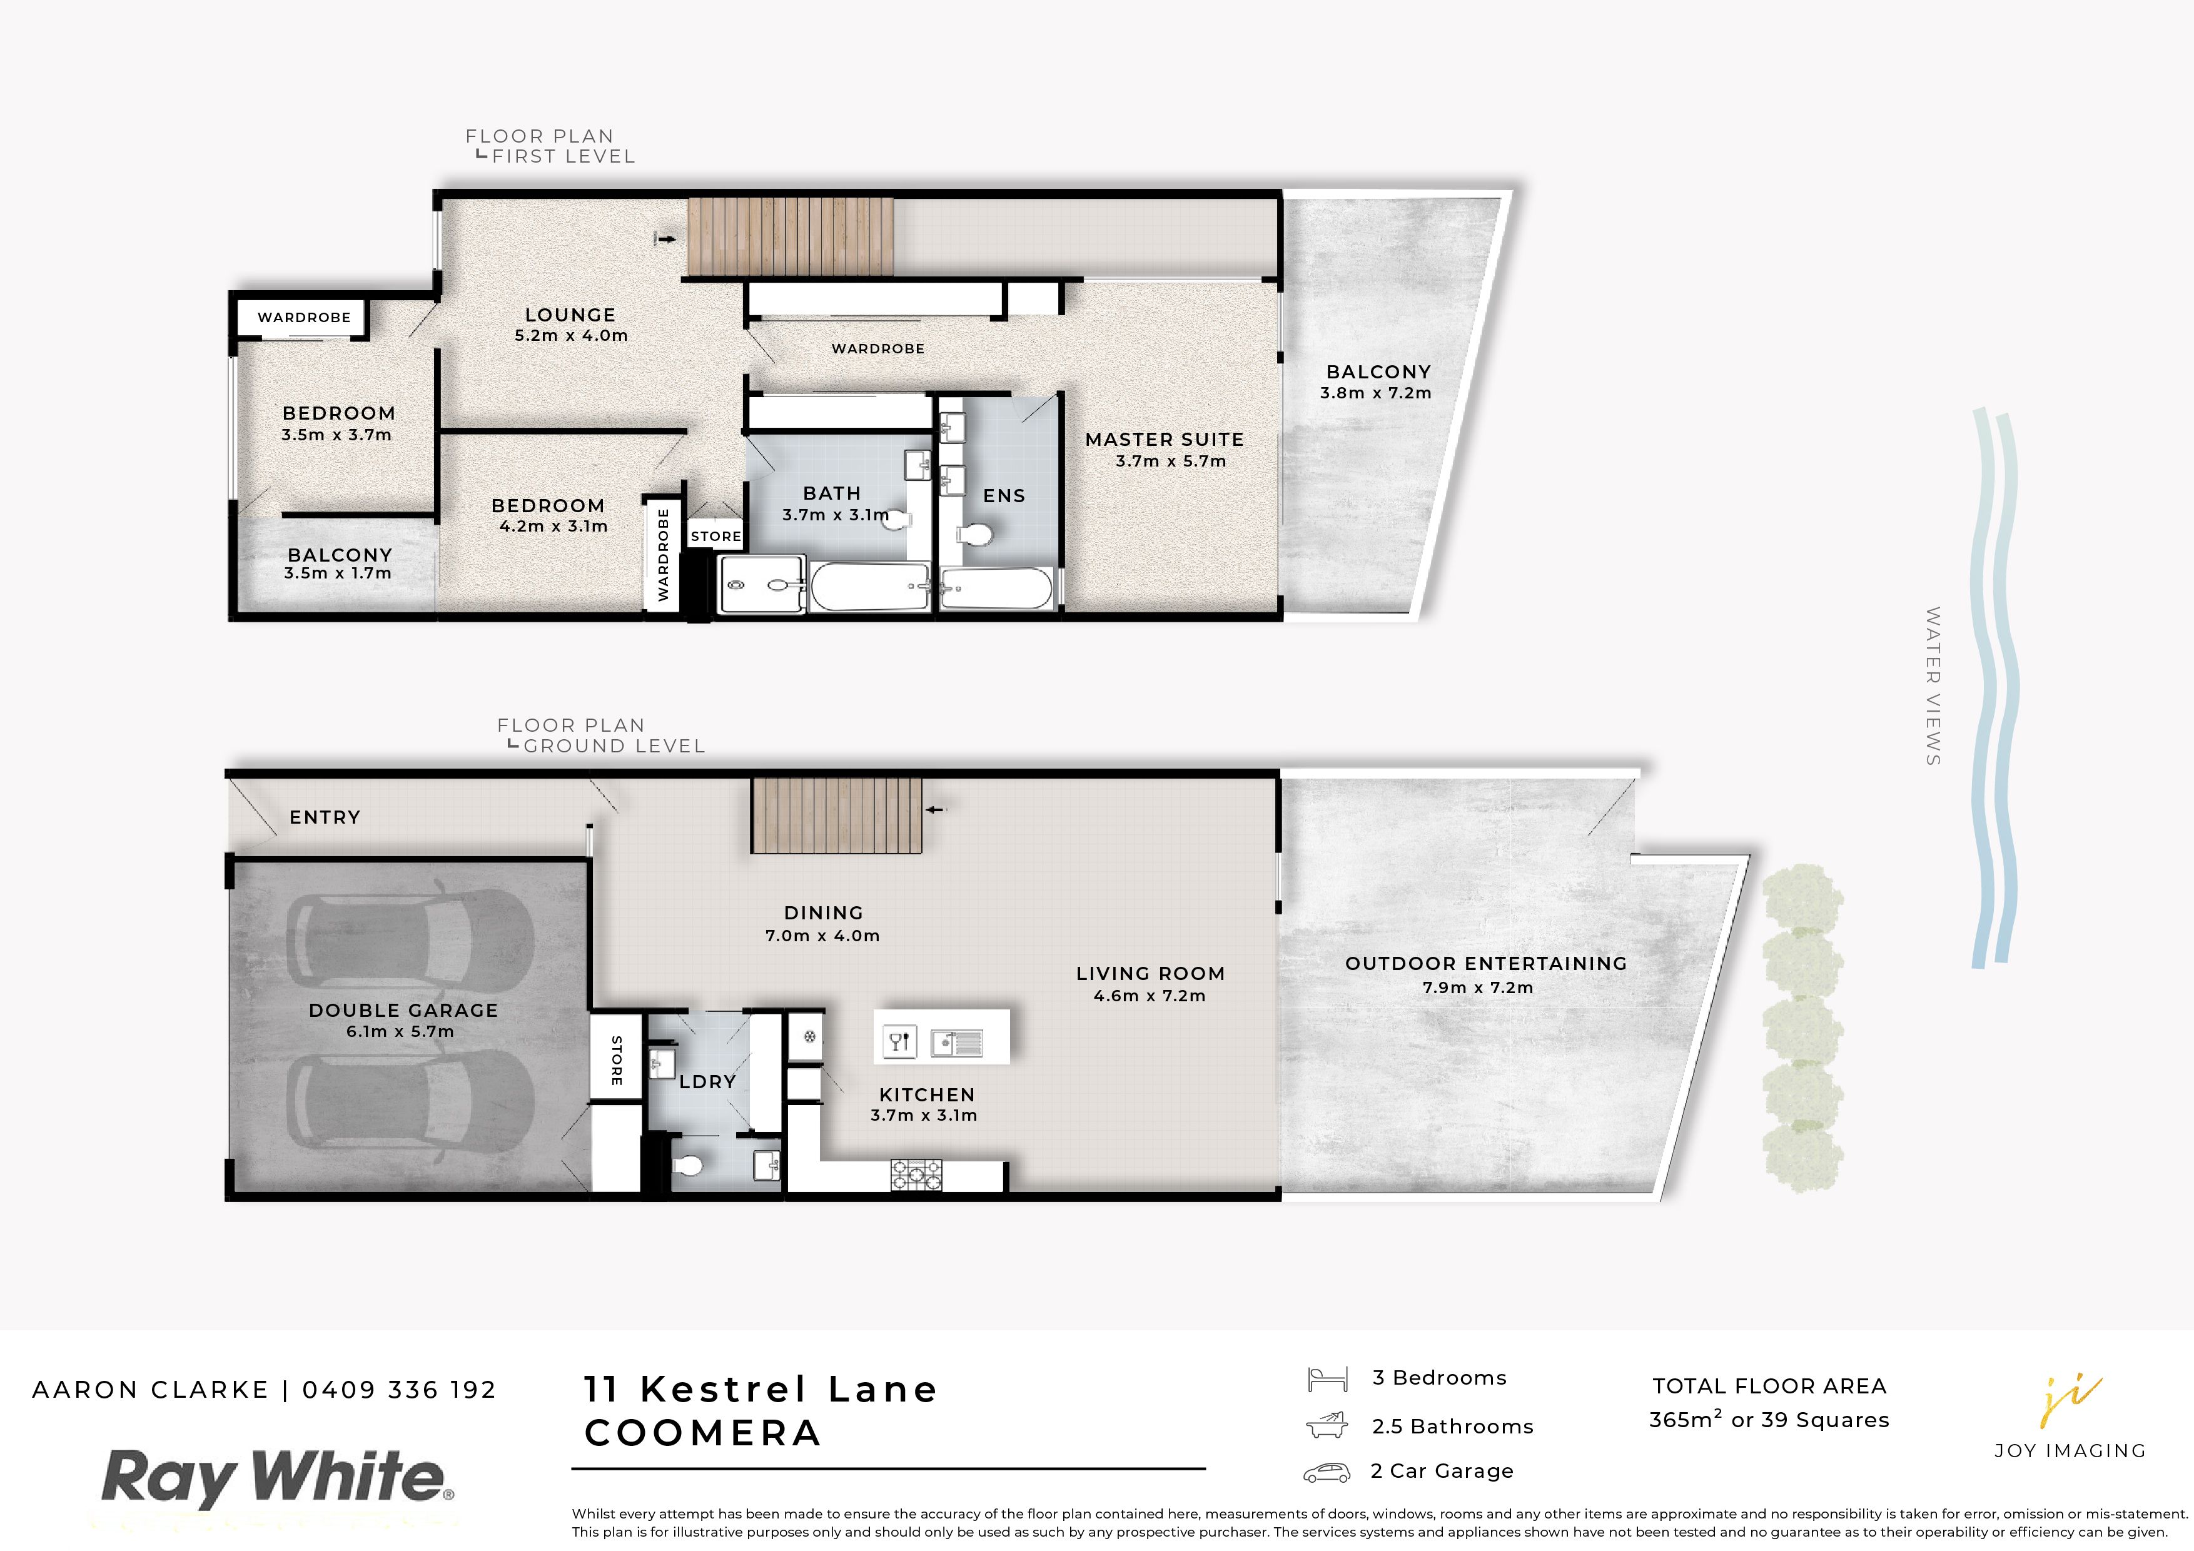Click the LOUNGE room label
tap(570, 315)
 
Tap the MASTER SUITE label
tap(1164, 440)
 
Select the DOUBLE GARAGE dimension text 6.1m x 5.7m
tap(400, 1032)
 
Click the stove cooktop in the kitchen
tap(916, 1175)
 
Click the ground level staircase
tap(836, 814)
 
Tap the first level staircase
tap(791, 235)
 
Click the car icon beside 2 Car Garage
tap(1327, 1473)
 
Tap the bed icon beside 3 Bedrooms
tap(1327, 1379)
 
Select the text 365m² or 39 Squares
tap(1769, 1420)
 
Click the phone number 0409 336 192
tap(400, 1390)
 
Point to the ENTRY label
tap(325, 817)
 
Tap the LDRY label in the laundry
tap(707, 1082)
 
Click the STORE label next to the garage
tap(616, 1060)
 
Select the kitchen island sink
tap(956, 1042)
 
